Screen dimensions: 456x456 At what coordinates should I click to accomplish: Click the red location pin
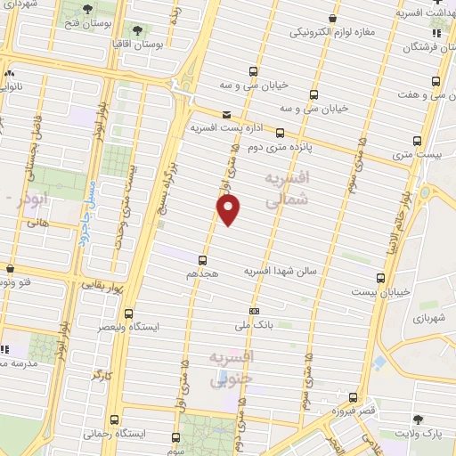coord(229,210)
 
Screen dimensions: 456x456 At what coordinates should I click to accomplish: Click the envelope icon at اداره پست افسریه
coord(226,114)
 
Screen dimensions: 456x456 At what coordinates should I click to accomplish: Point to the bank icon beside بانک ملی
coord(255,311)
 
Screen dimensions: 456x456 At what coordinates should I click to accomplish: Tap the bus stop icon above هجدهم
coord(203,261)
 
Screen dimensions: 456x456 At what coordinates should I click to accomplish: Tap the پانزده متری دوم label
coord(261,146)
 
